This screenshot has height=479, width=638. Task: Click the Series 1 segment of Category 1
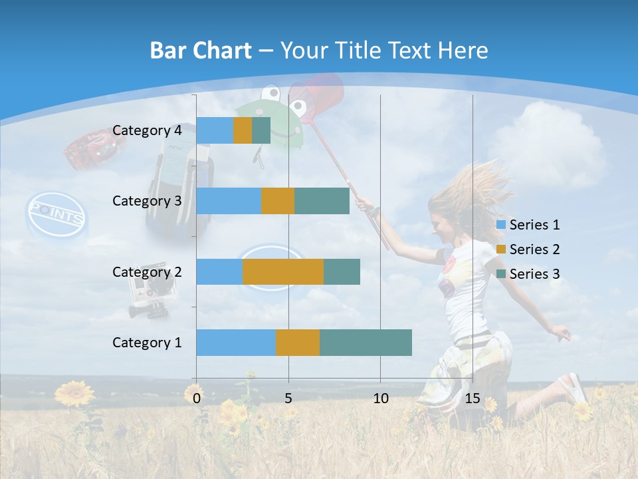[236, 343]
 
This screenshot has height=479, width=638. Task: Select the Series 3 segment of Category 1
[366, 343]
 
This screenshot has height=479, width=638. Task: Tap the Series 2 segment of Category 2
[283, 271]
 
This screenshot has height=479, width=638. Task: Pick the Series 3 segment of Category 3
[322, 201]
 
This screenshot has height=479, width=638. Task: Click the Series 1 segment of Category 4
[215, 130]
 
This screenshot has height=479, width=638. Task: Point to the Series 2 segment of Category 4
[243, 130]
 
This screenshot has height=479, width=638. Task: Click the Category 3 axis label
[147, 201]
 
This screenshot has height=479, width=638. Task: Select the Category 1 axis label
[147, 343]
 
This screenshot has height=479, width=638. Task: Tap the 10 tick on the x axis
[380, 399]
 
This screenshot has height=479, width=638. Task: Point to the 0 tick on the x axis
[197, 399]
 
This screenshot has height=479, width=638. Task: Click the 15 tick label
[472, 399]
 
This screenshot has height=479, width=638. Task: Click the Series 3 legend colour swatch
[501, 274]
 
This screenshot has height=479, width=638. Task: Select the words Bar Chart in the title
[201, 51]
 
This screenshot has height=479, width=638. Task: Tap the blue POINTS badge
[56, 216]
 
